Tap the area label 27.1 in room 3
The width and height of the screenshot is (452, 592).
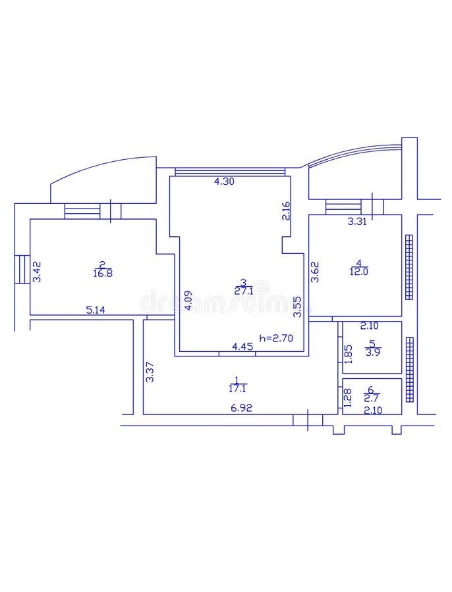click(x=244, y=290)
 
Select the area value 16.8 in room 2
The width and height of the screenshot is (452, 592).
click(x=103, y=274)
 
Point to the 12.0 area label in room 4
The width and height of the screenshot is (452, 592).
click(x=359, y=270)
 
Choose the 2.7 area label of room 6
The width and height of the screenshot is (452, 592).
click(x=372, y=398)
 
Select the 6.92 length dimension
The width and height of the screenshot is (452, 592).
click(x=241, y=408)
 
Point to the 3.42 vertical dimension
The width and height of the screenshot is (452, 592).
click(x=37, y=272)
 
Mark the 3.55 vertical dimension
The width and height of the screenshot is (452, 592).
click(x=297, y=307)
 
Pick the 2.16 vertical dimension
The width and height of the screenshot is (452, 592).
click(x=286, y=210)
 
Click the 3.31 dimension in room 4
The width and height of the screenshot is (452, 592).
click(x=358, y=222)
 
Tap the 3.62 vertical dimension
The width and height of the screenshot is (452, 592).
click(x=316, y=272)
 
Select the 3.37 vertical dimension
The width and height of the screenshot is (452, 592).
click(x=150, y=373)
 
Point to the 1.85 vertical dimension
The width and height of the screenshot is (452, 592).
click(x=348, y=354)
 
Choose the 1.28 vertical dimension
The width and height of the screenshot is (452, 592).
click(x=348, y=397)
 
